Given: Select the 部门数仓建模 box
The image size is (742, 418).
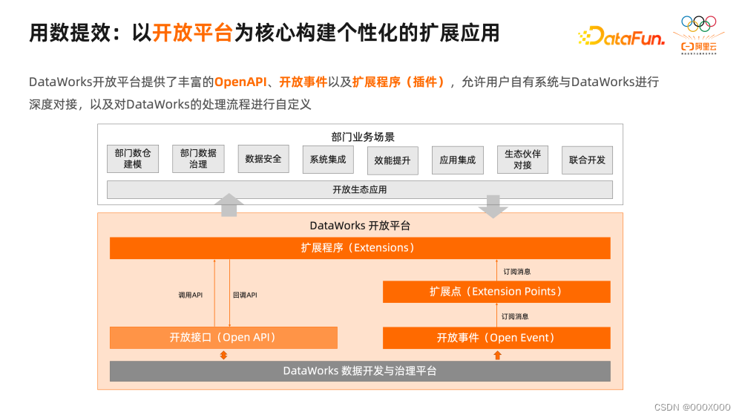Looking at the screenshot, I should (x=133, y=159).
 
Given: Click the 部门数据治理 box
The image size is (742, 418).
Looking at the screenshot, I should (x=198, y=159).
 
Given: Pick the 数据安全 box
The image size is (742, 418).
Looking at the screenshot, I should (x=263, y=159).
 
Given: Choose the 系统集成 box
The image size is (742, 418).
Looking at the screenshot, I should (x=328, y=160).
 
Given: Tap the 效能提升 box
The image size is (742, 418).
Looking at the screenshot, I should (x=393, y=160).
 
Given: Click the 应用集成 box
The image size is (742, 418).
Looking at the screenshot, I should (x=457, y=160).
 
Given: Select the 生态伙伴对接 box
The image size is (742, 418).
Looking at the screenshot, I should (x=522, y=160).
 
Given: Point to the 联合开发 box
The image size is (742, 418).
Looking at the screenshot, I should (x=587, y=160).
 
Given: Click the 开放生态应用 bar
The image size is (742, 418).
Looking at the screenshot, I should (x=360, y=190).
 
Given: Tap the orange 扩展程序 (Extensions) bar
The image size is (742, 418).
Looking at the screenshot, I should (x=360, y=248).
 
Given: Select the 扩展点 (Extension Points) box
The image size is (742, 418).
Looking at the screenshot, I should (x=496, y=292).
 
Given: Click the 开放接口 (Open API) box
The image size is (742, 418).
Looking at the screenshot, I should (x=223, y=338).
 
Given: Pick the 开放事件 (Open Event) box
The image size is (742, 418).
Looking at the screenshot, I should (x=496, y=338).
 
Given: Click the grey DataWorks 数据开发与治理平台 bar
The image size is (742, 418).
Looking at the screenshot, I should (x=360, y=370).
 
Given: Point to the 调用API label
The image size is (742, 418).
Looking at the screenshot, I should (x=191, y=295).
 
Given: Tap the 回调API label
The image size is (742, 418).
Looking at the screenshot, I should (x=245, y=295).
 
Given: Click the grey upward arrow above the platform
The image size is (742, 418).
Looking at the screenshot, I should (x=229, y=204).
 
